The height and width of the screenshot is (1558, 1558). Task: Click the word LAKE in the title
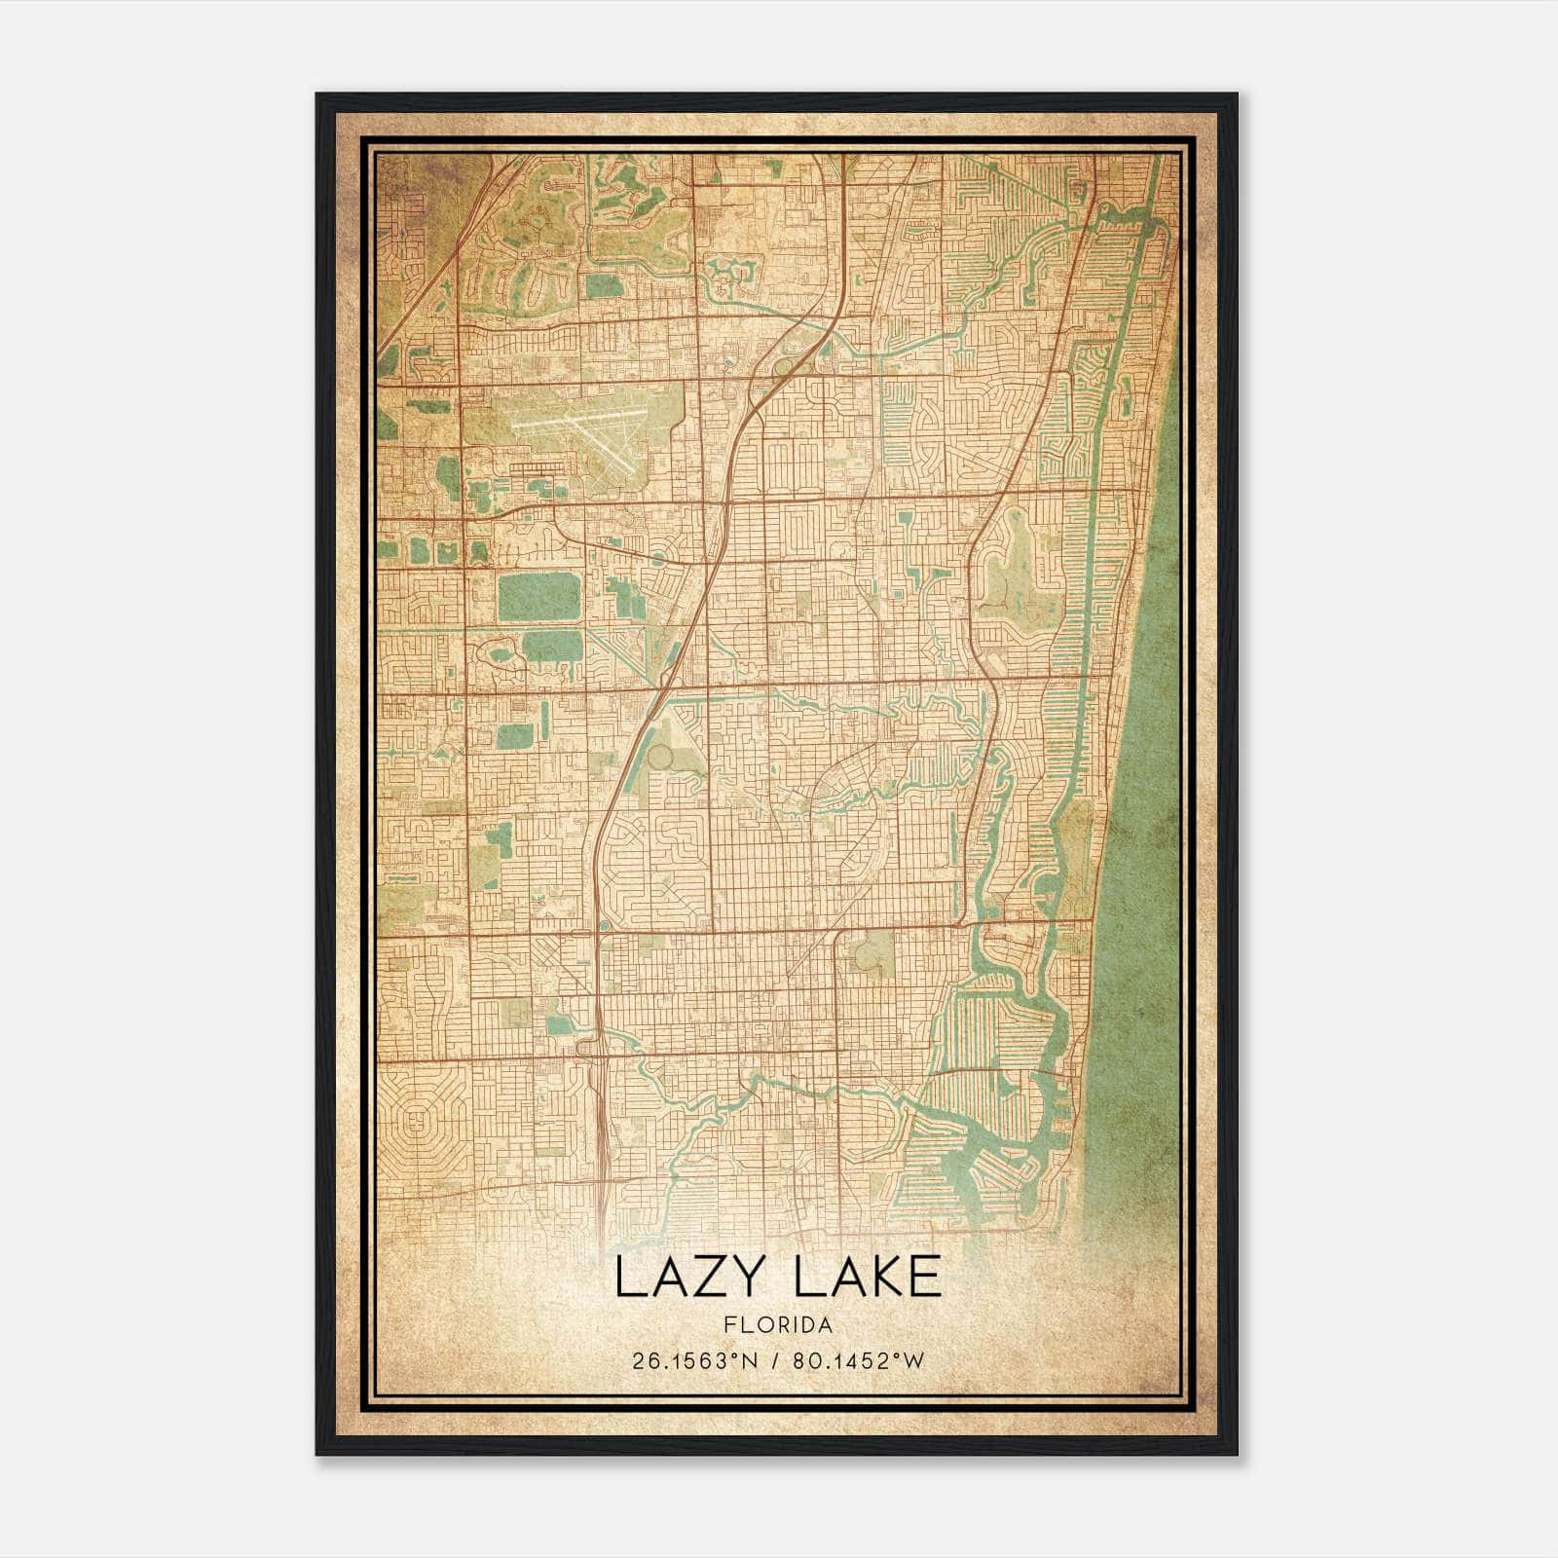[868, 1278]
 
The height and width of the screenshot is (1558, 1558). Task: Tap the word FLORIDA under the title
[778, 1325]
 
